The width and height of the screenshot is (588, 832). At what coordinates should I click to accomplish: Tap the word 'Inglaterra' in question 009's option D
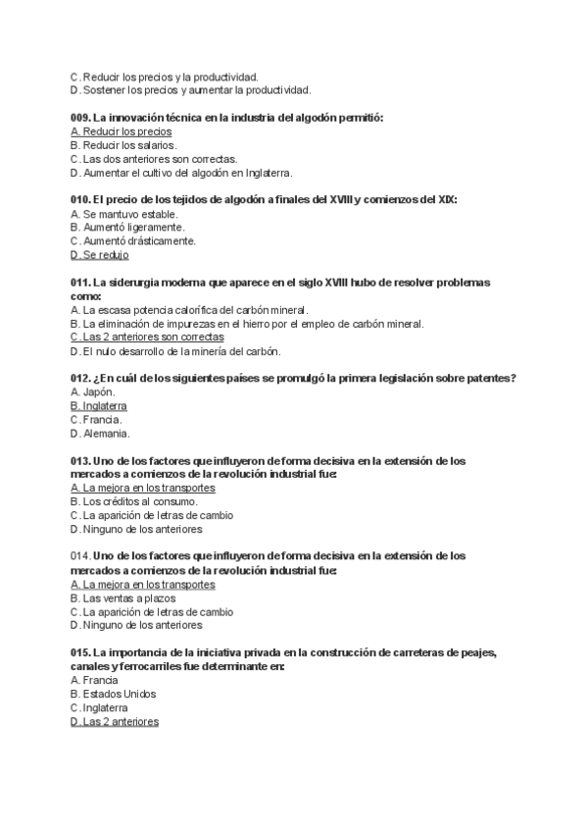(268, 173)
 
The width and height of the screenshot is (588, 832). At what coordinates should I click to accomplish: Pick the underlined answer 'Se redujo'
(105, 255)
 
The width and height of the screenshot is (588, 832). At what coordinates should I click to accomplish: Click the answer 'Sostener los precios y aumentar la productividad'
(196, 90)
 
